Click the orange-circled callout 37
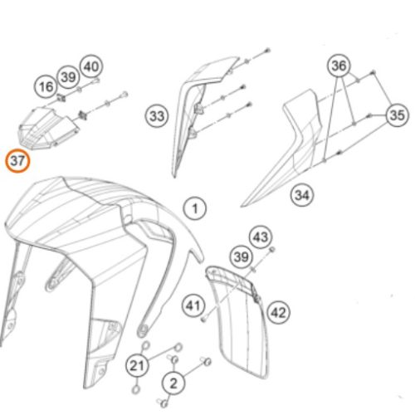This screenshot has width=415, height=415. [x=17, y=161]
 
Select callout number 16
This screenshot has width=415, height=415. [x=46, y=86]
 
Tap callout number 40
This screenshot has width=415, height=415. [x=91, y=66]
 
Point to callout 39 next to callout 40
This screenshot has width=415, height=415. [x=68, y=77]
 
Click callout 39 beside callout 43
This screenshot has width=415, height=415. [x=242, y=257]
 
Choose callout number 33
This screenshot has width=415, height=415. [x=157, y=116]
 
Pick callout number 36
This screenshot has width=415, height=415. [x=339, y=66]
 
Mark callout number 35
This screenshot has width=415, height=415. [x=397, y=115]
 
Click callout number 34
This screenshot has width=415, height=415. [x=302, y=195]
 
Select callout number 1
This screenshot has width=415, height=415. [x=195, y=208]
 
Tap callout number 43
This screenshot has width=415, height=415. [x=261, y=237]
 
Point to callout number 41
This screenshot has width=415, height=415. [x=193, y=305]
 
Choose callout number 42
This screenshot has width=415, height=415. [x=279, y=313]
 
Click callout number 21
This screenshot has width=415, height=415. [x=137, y=365]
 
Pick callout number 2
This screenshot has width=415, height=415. [x=173, y=383]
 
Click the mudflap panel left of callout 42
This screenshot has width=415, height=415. [x=238, y=321]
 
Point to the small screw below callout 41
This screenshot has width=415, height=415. [x=203, y=320]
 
